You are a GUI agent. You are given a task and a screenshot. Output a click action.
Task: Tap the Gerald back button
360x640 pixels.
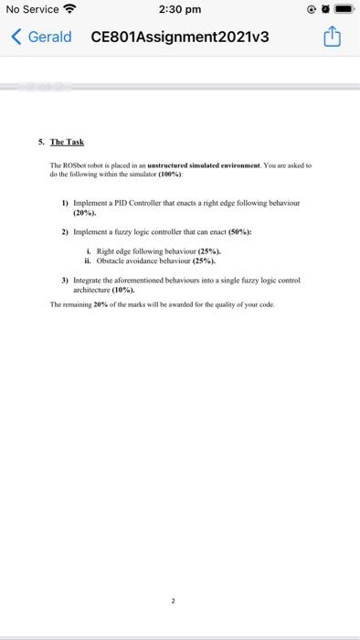[42, 37]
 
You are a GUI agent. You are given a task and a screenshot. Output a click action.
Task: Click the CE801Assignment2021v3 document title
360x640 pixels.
[180, 37]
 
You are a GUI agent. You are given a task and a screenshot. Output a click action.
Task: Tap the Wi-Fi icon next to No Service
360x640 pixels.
[69, 10]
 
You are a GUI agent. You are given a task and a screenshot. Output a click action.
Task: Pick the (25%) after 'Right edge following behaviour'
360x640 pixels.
[206, 251]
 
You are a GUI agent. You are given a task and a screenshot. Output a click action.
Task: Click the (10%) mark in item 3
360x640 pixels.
[122, 289]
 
